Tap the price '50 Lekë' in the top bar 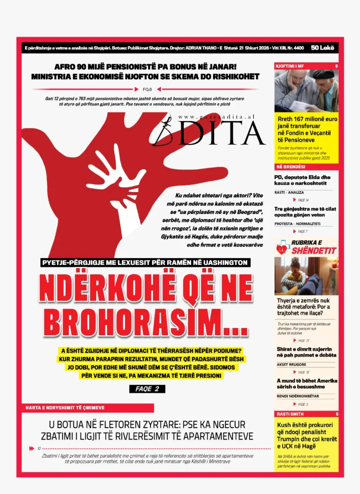323,48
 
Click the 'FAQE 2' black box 147,389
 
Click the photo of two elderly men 306,91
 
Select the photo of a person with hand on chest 306,276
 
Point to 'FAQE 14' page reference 303,200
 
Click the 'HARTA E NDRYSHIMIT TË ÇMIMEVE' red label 65,407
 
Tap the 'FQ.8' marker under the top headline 147,89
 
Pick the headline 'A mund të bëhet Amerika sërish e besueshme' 306,383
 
